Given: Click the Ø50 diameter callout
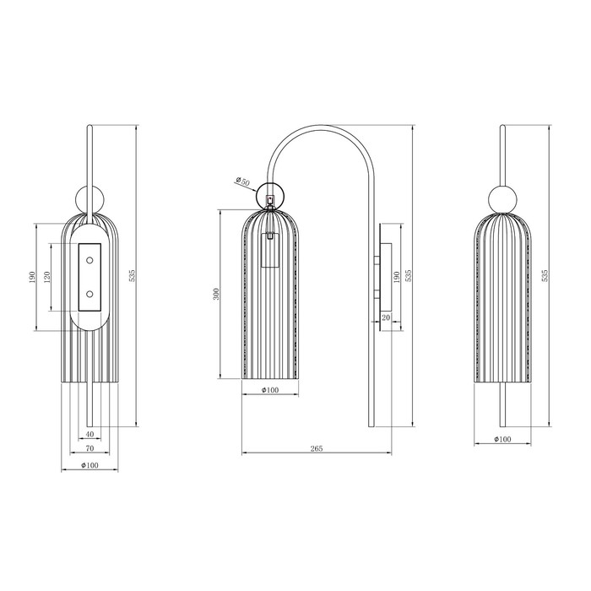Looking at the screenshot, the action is [243, 182].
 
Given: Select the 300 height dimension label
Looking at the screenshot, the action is [216, 294].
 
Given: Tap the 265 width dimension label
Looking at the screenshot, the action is [317, 448].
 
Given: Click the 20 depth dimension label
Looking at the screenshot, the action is [386, 317].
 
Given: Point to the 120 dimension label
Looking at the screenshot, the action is [47, 277].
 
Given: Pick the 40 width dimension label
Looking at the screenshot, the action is [89, 434].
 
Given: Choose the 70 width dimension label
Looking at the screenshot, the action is [89, 448].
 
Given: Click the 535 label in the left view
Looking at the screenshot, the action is [132, 276].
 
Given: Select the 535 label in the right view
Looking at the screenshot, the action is [545, 276].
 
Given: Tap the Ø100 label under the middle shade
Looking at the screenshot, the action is [270, 390].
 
